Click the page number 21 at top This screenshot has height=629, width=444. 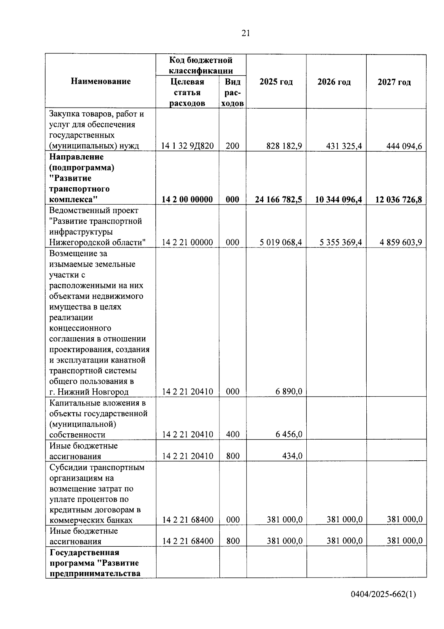coord(246,33)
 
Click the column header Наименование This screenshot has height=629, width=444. coord(101,81)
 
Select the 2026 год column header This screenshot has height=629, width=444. coord(334,82)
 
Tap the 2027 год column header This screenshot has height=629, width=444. coord(394,82)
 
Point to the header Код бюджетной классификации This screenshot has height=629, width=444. coord(201,65)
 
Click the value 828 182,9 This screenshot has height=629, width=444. coord(284,146)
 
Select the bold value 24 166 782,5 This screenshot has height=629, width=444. coord(278,200)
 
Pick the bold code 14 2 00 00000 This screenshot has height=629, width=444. coord(187,200)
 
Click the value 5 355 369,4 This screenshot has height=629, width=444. coord(340,243)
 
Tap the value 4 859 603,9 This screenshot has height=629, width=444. coord(401,243)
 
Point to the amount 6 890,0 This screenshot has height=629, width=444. coord(289,391)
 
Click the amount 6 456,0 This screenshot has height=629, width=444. coord(289,434)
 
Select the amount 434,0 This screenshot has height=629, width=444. coord(292,456)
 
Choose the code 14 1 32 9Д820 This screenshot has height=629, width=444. coord(187,146)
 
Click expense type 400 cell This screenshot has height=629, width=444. coord(233,434)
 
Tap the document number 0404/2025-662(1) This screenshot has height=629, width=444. coord(383,595)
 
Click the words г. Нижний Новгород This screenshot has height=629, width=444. coord(89,392)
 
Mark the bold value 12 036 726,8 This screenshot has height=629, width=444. coord(398,200)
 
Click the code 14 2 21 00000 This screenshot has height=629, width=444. coord(187,243)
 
